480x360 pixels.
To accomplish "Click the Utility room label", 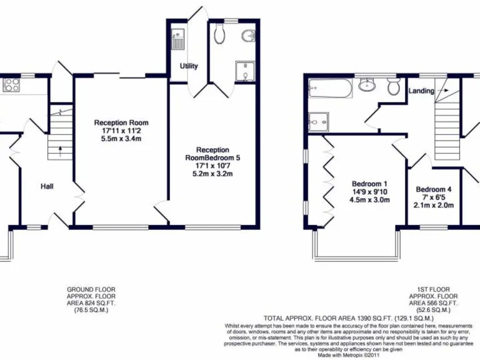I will [x=189, y=66].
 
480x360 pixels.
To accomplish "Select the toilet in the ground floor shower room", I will [x=219, y=34].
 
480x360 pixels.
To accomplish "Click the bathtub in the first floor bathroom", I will [x=331, y=91].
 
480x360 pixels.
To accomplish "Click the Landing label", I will [x=421, y=91].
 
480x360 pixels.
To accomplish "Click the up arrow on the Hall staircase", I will [x=59, y=149].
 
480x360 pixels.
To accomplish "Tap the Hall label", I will [x=47, y=186].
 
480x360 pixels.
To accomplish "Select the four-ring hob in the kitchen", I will [x=12, y=86].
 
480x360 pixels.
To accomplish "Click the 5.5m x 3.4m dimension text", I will [x=121, y=140].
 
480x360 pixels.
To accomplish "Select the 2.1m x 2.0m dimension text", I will [x=434, y=205].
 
